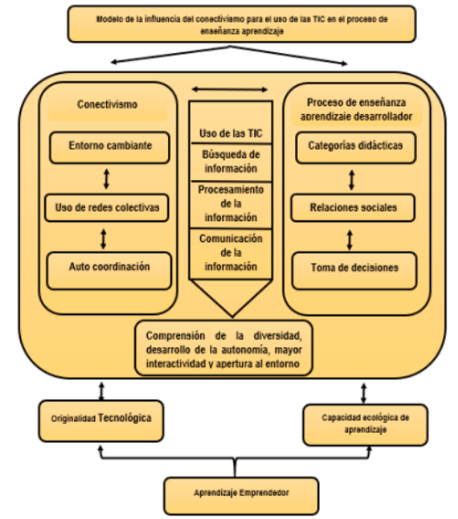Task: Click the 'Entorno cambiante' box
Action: [x=110, y=147]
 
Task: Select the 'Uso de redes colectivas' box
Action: [x=106, y=207]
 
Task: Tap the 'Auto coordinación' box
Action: [x=109, y=271]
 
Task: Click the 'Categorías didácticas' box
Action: [x=356, y=147]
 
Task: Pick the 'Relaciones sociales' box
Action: [x=353, y=207]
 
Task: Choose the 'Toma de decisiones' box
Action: [x=354, y=271]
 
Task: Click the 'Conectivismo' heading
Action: [x=107, y=104]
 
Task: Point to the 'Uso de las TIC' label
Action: [x=231, y=133]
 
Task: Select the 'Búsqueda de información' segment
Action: [x=231, y=162]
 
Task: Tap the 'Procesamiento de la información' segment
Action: [x=231, y=205]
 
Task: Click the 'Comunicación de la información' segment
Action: [x=231, y=254]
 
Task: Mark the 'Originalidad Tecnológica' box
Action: [x=101, y=421]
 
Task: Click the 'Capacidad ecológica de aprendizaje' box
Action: [x=366, y=425]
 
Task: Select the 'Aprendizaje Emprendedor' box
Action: [x=241, y=495]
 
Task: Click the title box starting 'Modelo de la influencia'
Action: [x=241, y=24]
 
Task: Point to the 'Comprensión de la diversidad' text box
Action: [x=224, y=348]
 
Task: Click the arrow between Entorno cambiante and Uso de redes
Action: [x=106, y=179]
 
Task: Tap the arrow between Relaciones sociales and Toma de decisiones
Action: [x=350, y=240]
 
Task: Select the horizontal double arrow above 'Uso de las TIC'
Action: [x=230, y=90]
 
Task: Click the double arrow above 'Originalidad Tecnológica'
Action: [x=102, y=391]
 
